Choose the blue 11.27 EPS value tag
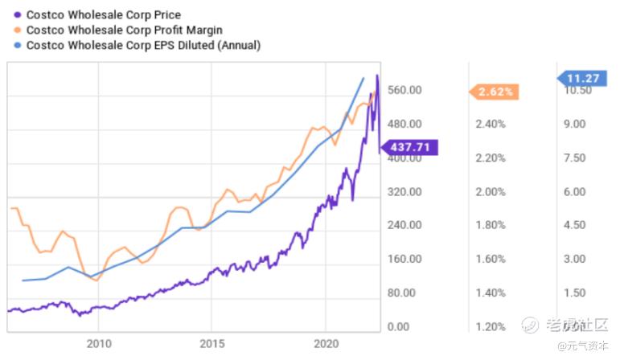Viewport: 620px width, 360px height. (585, 78)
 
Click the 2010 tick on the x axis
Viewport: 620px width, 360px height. (98, 344)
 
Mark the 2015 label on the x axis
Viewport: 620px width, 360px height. (211, 344)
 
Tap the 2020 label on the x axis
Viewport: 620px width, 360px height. (326, 344)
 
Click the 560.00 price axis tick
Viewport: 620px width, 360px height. (404, 90)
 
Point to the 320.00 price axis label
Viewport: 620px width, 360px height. (404, 192)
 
